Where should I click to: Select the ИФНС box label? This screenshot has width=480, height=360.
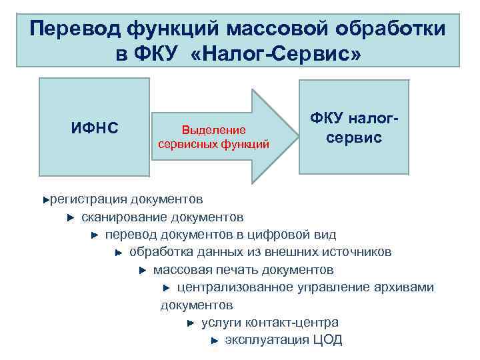pos(94,126)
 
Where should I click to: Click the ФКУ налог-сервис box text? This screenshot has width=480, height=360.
pos(354,128)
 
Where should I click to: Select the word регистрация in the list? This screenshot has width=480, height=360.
pos(88,199)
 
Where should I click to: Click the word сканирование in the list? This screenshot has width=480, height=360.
pos(125,217)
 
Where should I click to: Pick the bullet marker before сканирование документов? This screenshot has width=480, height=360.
pos(70,217)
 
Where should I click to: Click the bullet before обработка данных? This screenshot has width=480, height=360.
pos(118,253)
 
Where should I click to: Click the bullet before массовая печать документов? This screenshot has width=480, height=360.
pos(142,271)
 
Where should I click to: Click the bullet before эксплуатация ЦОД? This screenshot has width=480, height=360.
pos(214,341)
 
